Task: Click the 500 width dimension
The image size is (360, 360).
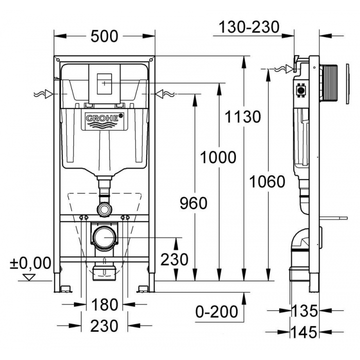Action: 104,37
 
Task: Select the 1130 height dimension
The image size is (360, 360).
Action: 243,117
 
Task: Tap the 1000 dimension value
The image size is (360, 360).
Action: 218,157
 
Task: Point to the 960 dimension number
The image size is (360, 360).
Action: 193,204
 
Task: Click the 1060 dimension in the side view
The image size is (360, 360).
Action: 267,182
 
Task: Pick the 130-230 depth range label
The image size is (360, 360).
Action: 249,27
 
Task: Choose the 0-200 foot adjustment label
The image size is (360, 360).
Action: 217,312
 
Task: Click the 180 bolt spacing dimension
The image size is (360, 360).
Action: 104,304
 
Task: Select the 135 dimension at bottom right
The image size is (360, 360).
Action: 304,311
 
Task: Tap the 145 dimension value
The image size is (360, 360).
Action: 304,332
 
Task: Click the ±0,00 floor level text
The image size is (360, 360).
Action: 30,263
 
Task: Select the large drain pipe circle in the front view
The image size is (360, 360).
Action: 104,238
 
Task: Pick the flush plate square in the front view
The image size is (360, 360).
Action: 104,84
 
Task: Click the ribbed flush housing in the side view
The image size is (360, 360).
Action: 328,83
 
